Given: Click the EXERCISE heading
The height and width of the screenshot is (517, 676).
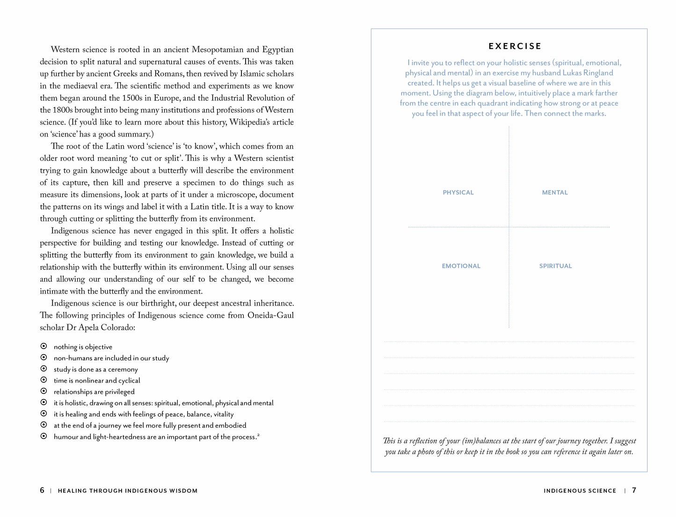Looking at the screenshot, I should click(x=515, y=46).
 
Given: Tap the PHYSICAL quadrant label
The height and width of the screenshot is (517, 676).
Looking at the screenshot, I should click(x=458, y=192).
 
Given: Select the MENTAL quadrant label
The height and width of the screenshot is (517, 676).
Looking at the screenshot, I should click(x=554, y=192).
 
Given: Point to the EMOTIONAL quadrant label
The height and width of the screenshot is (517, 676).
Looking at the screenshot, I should click(x=461, y=266).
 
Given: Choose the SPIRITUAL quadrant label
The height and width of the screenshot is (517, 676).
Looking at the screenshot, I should click(x=555, y=266).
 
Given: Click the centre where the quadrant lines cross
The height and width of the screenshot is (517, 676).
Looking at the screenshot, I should click(x=509, y=227).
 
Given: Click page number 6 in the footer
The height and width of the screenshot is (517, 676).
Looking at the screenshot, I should click(x=42, y=490).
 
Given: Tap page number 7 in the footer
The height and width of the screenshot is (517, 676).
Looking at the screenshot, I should click(x=634, y=490).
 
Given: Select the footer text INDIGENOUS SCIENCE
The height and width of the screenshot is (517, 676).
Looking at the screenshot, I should click(x=580, y=491).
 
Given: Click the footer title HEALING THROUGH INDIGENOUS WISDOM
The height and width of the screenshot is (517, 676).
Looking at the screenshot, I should click(x=127, y=491).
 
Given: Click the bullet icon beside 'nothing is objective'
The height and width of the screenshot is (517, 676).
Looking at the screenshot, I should click(x=44, y=346).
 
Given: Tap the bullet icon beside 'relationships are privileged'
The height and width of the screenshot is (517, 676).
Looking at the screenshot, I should click(x=44, y=391).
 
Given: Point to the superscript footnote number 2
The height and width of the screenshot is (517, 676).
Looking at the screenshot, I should click(x=258, y=435).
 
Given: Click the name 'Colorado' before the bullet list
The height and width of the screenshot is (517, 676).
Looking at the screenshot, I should click(x=119, y=328).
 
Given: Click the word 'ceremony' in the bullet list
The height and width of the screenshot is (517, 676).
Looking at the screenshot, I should click(x=123, y=369).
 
